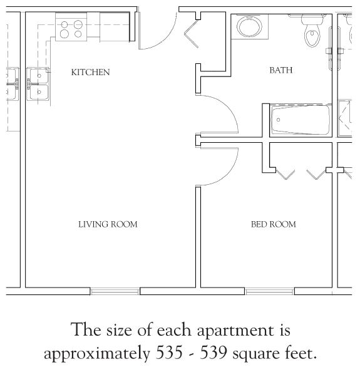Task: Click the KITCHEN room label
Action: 91,73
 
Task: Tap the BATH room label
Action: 281,71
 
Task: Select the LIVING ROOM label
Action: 108,224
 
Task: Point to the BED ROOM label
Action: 274,224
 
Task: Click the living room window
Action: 115,291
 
